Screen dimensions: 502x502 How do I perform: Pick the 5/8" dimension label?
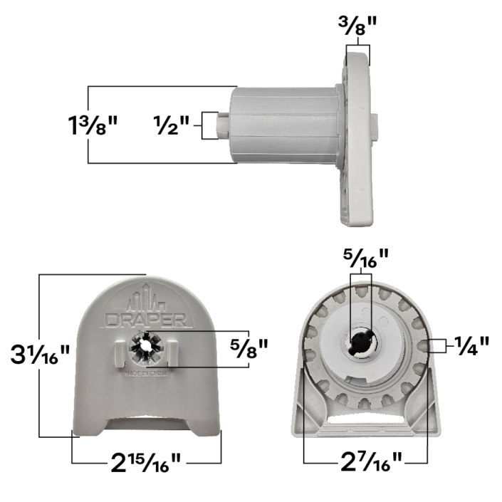pos(249,348)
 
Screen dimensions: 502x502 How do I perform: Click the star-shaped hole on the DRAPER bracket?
pos(146,345)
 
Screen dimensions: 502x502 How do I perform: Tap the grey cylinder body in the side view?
pos(285,125)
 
